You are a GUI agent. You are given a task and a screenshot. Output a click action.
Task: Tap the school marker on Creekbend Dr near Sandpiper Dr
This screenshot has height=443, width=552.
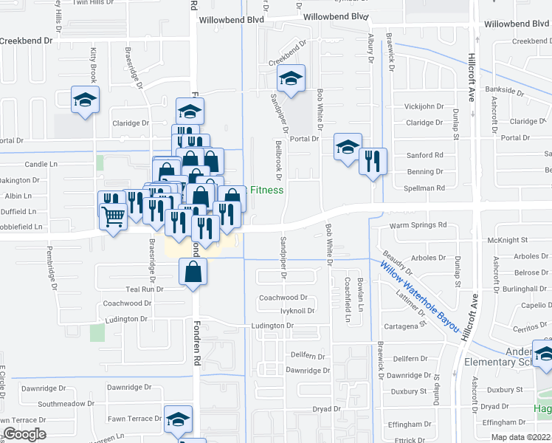(x=291, y=80)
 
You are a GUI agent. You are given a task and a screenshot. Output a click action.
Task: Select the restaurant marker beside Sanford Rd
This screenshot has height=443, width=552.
(x=373, y=161)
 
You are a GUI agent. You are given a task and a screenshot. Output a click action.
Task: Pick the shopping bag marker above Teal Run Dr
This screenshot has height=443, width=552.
(x=192, y=271)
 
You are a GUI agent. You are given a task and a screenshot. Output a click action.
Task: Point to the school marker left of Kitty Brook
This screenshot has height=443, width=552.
(x=86, y=100)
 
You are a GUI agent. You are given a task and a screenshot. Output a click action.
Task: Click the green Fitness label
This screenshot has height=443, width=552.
(x=266, y=190)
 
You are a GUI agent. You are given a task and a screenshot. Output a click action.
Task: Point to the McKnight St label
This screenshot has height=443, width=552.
(x=508, y=240)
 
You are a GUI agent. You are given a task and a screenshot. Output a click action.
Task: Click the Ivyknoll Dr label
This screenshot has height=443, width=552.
(x=297, y=311)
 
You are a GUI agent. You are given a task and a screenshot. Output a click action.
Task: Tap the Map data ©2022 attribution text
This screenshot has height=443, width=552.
(x=520, y=437)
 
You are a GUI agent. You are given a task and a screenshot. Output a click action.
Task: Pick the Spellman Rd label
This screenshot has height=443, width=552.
(x=426, y=188)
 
